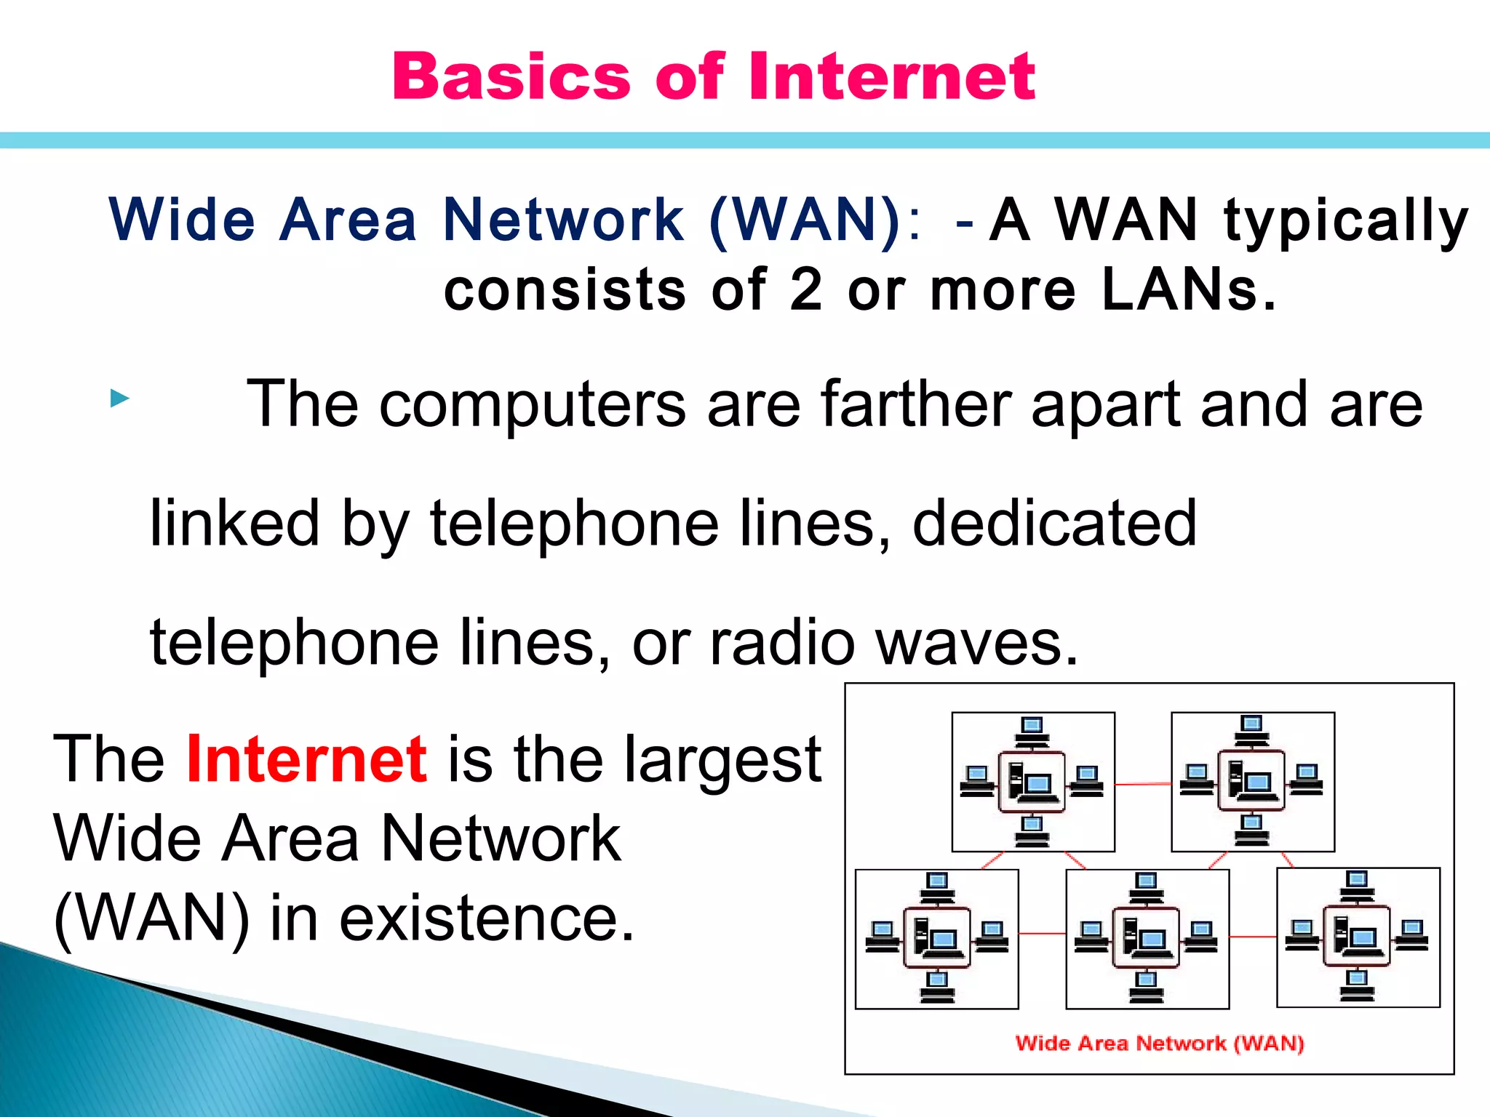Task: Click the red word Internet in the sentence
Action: click(306, 759)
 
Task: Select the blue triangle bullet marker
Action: click(119, 399)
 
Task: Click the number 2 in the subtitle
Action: click(805, 289)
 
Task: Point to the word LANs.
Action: click(1188, 289)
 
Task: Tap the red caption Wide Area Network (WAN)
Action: click(1159, 1043)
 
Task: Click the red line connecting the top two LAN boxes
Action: click(1143, 784)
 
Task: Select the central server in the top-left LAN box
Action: click(1032, 782)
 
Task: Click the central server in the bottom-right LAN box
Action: click(1357, 936)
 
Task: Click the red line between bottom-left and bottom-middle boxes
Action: click(1042, 933)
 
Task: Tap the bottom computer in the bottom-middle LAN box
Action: click(1147, 988)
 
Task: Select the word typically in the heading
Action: click(1346, 220)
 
